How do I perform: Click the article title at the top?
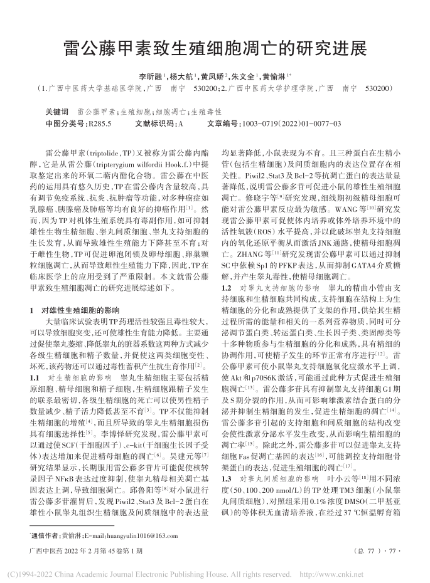[215, 48]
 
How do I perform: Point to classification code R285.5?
[100, 123]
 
